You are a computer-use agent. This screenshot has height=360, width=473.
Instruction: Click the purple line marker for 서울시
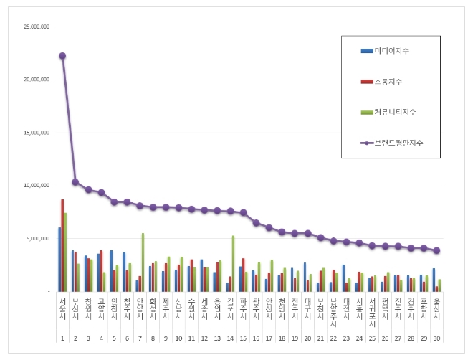(x=62, y=56)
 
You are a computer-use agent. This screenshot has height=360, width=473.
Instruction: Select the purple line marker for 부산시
(x=75, y=182)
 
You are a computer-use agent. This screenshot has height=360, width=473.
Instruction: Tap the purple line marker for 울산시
(x=436, y=250)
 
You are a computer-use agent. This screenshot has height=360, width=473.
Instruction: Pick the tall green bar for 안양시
(x=143, y=262)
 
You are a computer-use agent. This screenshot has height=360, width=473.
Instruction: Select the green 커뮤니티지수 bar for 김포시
(x=233, y=263)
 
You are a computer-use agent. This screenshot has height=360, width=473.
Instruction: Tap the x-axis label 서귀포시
(x=372, y=313)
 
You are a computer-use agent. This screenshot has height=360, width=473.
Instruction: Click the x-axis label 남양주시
(x=333, y=313)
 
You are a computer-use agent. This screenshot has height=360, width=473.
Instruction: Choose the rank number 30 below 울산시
(x=436, y=338)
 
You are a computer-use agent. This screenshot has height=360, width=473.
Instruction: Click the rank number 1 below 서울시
(x=62, y=338)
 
